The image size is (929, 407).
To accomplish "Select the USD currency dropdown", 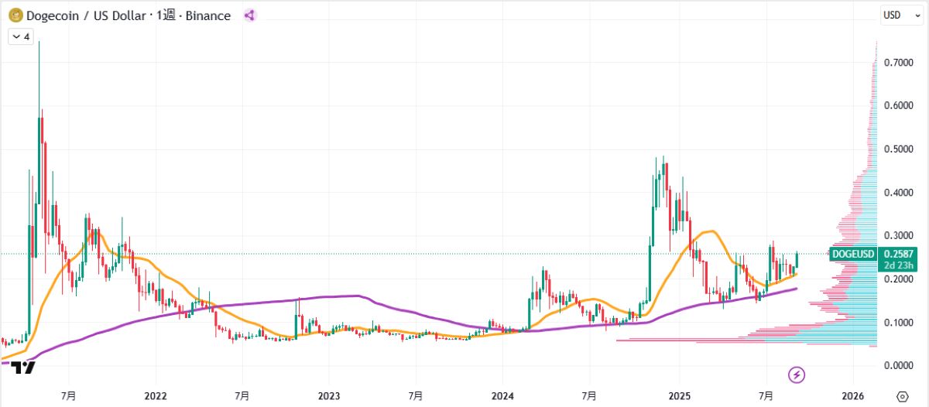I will pyautogui.click(x=897, y=15).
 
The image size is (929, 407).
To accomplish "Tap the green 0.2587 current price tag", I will pyautogui.click(x=896, y=253).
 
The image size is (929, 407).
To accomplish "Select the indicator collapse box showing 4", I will pyautogui.click(x=21, y=36).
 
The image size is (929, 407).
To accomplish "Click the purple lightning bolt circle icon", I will pyautogui.click(x=797, y=375).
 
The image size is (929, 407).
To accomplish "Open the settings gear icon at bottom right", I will pyautogui.click(x=901, y=395).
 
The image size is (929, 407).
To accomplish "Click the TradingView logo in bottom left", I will pyautogui.click(x=24, y=368).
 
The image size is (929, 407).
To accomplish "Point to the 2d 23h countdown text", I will pyautogui.click(x=896, y=265).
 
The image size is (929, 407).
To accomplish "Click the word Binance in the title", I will pyautogui.click(x=206, y=15).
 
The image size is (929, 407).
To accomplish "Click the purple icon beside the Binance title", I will pyautogui.click(x=249, y=15).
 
